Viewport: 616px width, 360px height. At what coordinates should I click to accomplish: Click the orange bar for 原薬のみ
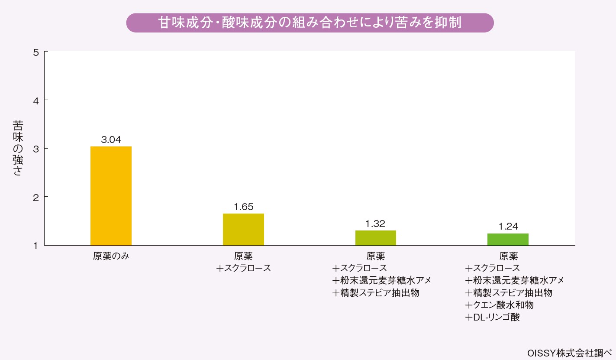tap(111, 196)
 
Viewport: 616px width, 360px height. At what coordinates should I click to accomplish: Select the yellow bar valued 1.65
tap(243, 229)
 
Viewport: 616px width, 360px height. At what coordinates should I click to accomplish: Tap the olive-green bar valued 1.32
tap(376, 237)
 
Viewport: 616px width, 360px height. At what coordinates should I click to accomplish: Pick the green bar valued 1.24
tap(508, 239)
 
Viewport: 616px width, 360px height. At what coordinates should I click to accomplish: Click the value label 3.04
tap(111, 140)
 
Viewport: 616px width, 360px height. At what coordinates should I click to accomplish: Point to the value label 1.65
tap(243, 207)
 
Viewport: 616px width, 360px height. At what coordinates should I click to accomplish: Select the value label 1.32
tap(375, 224)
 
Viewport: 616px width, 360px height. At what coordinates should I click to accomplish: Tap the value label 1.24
tap(508, 226)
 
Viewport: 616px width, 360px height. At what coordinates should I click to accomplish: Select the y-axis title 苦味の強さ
tap(18, 149)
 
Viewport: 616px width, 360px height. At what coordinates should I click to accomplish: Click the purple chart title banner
tap(310, 23)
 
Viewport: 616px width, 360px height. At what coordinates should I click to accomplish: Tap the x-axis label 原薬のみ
tap(111, 256)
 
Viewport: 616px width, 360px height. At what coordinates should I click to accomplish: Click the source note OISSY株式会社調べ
tap(569, 353)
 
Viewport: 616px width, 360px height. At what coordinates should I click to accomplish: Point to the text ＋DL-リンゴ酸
tap(492, 318)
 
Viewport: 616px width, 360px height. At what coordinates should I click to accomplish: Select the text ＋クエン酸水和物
tap(499, 305)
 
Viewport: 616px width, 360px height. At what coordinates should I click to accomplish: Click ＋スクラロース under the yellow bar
tap(243, 268)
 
